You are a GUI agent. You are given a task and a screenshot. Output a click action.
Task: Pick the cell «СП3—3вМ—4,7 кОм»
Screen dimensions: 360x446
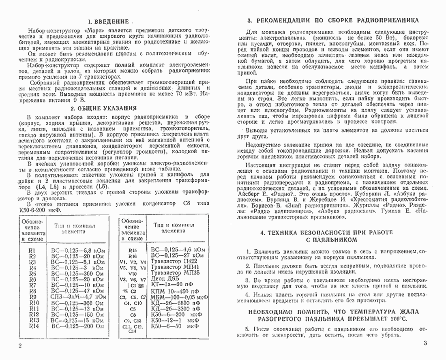click(77, 296)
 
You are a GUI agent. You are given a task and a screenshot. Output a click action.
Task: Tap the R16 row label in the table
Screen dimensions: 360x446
click(133, 256)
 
